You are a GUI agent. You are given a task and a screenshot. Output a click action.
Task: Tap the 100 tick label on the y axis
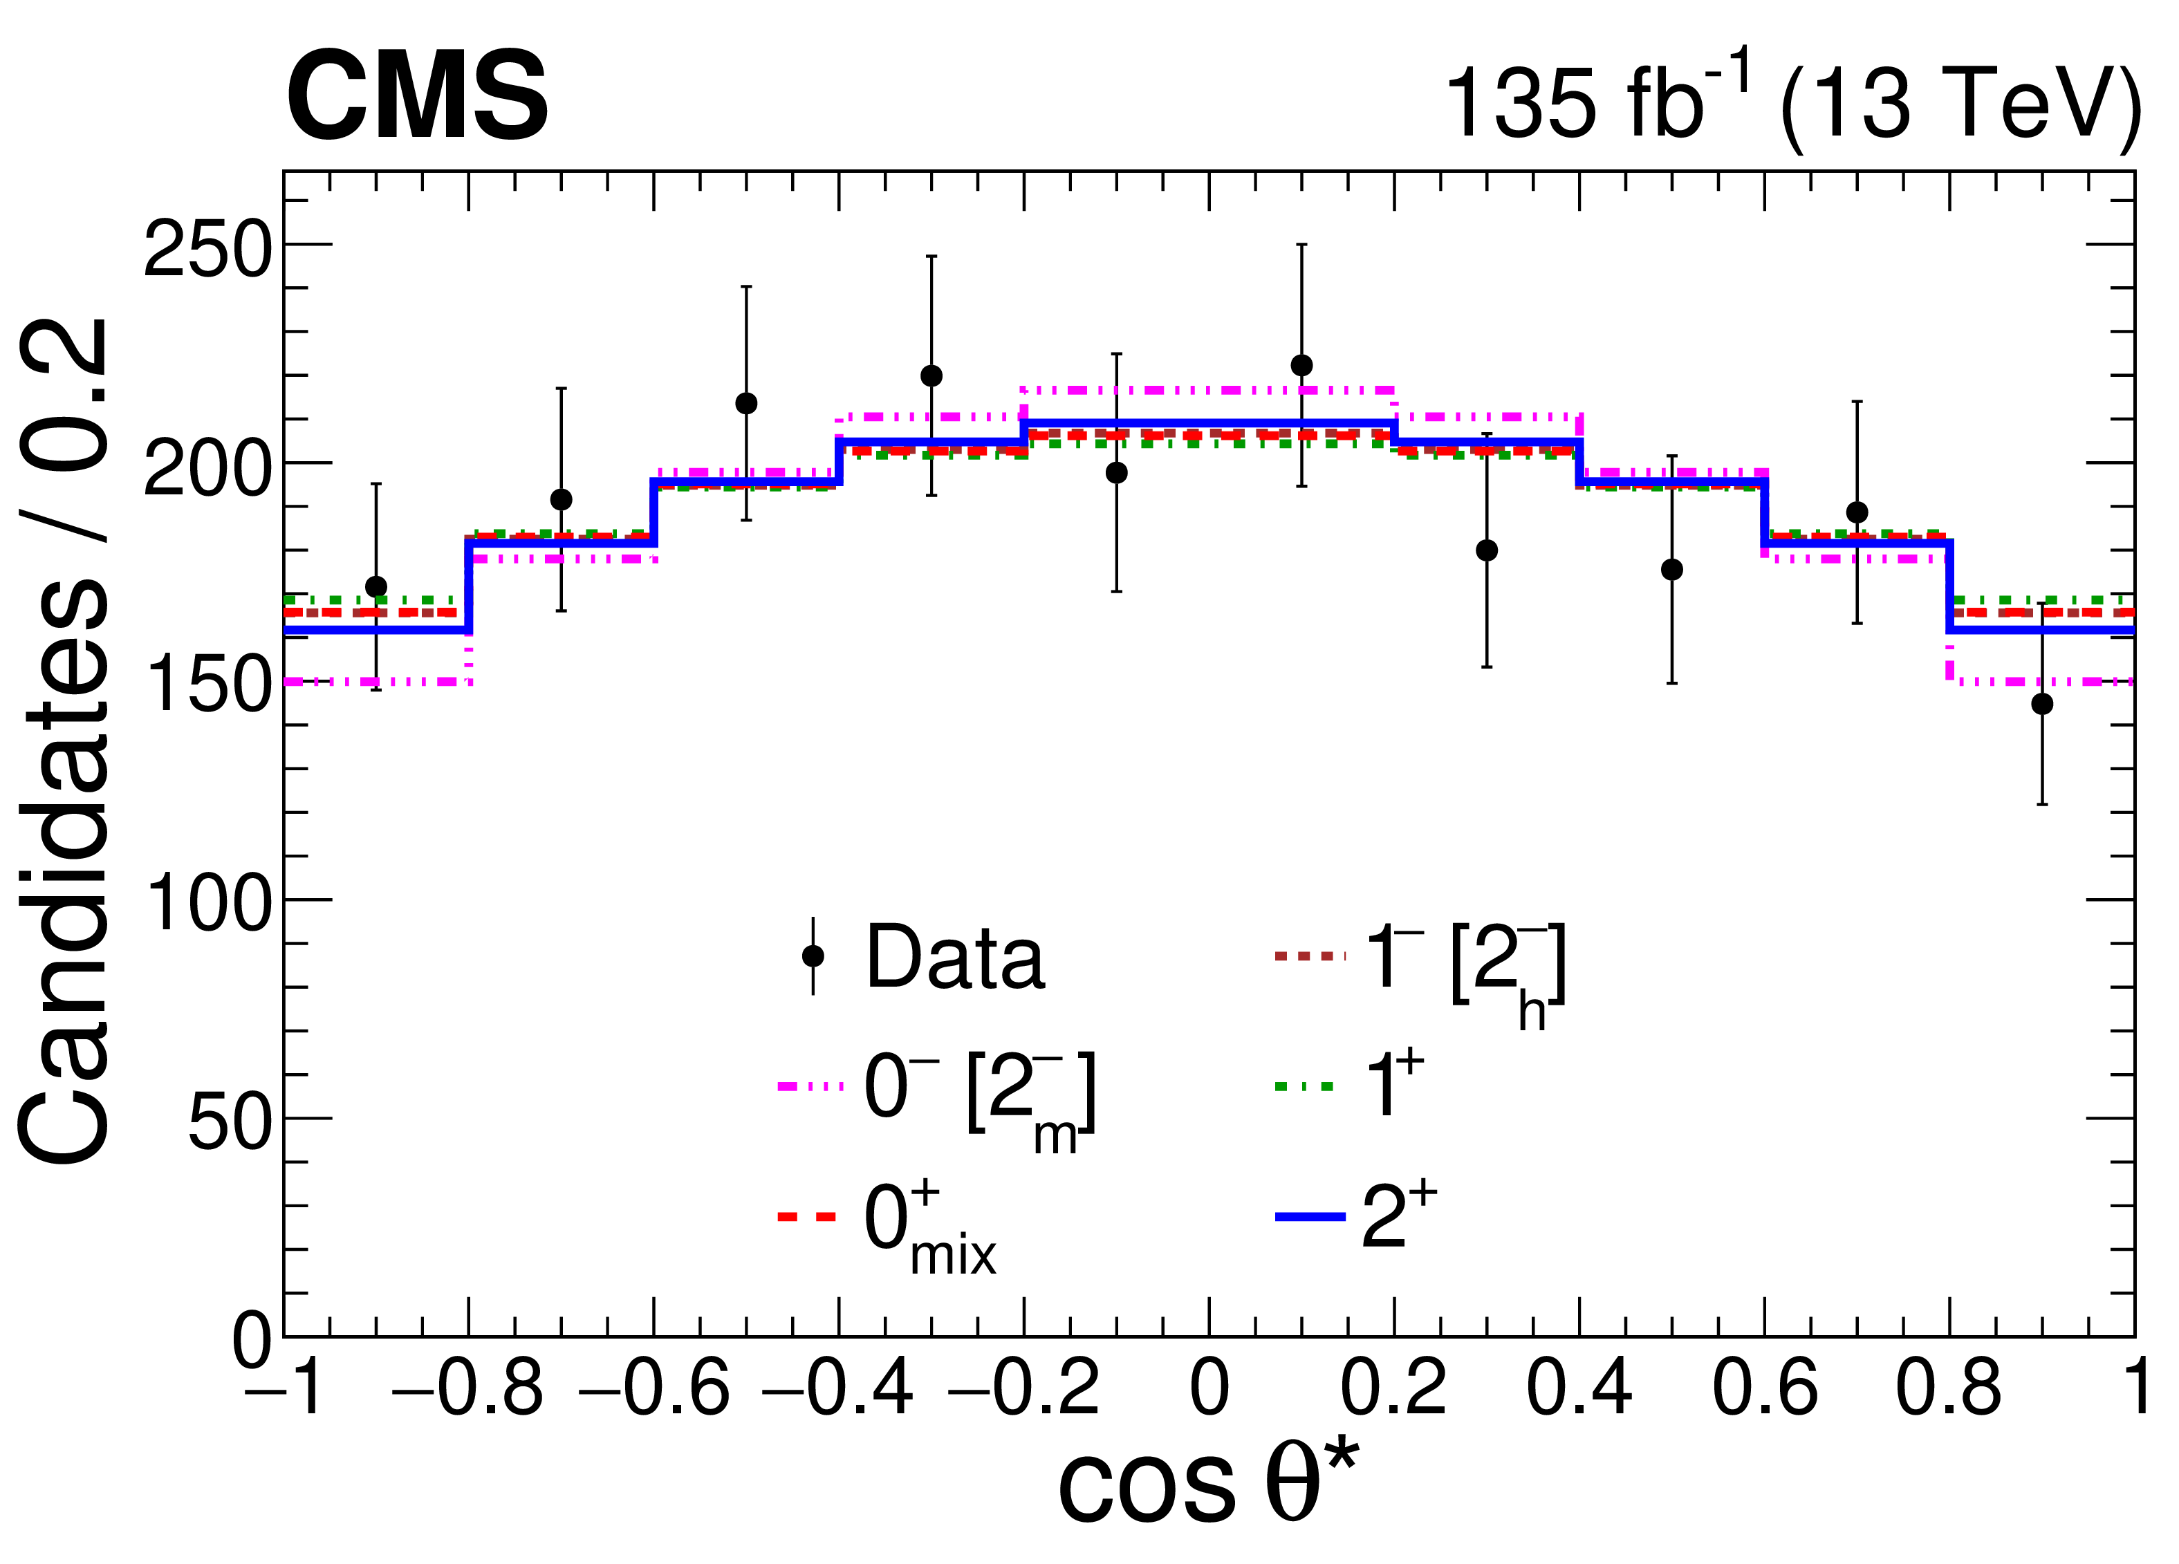[x=207, y=904]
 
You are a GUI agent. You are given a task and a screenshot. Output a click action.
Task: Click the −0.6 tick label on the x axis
[x=654, y=1389]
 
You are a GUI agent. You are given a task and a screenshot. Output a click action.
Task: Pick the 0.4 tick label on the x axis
[x=1579, y=1389]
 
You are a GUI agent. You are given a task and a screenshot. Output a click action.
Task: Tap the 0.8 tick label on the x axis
[x=1949, y=1389]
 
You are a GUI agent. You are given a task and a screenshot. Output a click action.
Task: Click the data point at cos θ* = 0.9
[x=2041, y=704]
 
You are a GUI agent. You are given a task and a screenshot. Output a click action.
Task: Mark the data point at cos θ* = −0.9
[x=377, y=587]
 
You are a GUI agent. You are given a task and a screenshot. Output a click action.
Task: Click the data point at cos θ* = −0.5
[x=747, y=404]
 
